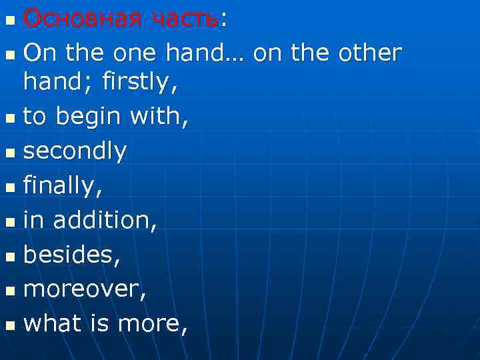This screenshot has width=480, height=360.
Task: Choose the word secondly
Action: pyautogui.click(x=75, y=151)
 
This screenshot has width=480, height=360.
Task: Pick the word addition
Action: pyautogui.click(x=104, y=221)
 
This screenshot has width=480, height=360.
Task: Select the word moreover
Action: pyautogui.click(x=83, y=289)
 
